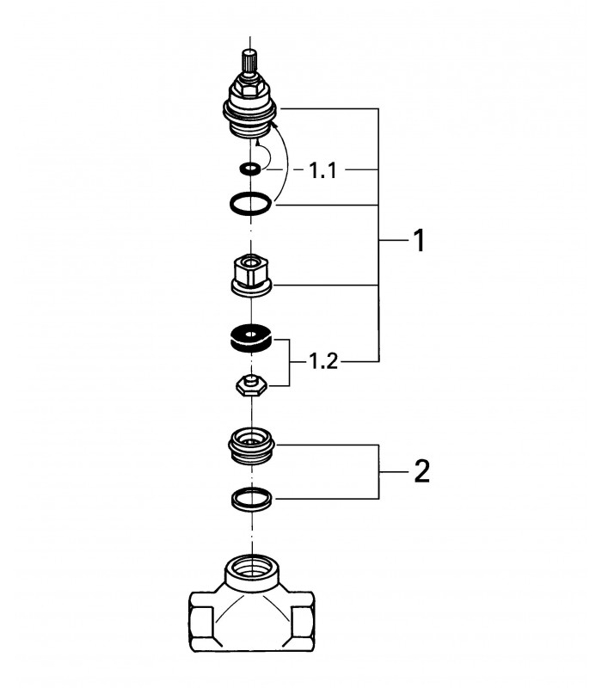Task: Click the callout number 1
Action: [x=420, y=241]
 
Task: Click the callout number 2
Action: [x=421, y=471]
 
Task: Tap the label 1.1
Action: [x=323, y=170]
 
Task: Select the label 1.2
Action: [x=323, y=361]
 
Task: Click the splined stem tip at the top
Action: [x=250, y=61]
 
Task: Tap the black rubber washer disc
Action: [x=251, y=338]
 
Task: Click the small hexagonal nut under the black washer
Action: [x=251, y=386]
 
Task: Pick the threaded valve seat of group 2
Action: [x=252, y=445]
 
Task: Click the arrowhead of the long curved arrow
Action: [x=275, y=126]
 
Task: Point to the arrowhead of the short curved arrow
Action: [x=258, y=141]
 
